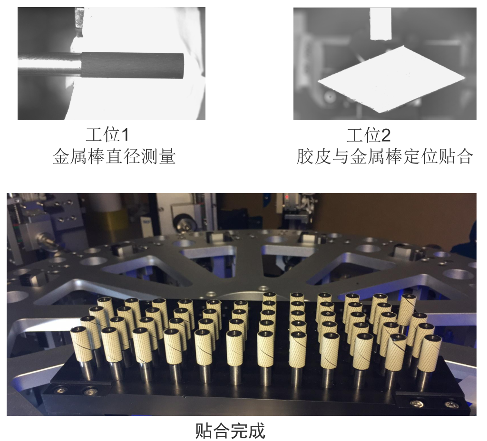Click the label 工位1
point(107,134)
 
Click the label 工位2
point(369,135)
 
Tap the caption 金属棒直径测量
point(114,156)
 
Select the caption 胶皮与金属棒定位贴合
point(385,156)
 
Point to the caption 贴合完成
point(230,430)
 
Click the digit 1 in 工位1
point(124,135)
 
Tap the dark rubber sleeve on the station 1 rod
point(133,65)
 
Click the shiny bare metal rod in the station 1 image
point(49,64)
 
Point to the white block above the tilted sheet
point(380,24)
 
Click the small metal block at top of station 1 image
point(79,19)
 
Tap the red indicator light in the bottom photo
point(287,197)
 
